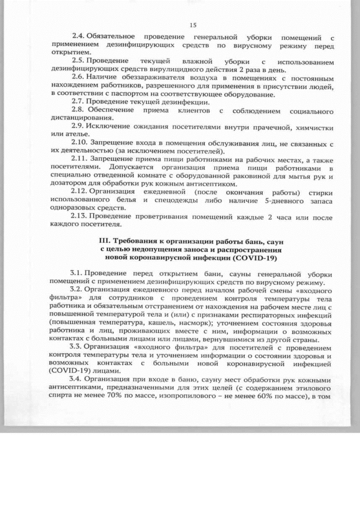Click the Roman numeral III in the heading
coord(105,241)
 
